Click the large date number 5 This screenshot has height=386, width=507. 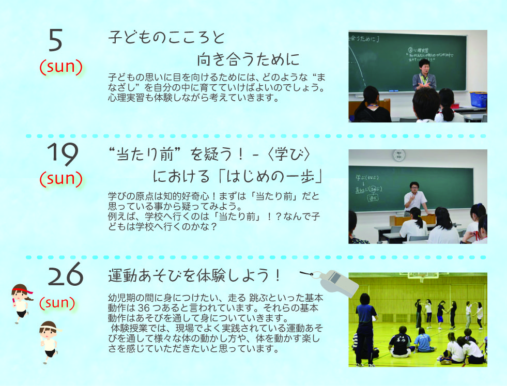55,40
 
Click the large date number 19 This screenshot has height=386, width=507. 63,154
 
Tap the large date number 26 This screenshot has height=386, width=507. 66,274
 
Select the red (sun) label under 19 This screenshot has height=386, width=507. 61,179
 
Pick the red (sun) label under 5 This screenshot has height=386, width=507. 61,67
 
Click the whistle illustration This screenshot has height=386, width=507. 335,283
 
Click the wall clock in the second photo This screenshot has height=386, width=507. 398,155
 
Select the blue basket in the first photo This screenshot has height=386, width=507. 478,100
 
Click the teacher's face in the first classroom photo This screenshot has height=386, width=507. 424,67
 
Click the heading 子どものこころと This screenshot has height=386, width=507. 166,38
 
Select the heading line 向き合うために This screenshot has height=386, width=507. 248,59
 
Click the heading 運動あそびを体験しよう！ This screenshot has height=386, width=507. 195,275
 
